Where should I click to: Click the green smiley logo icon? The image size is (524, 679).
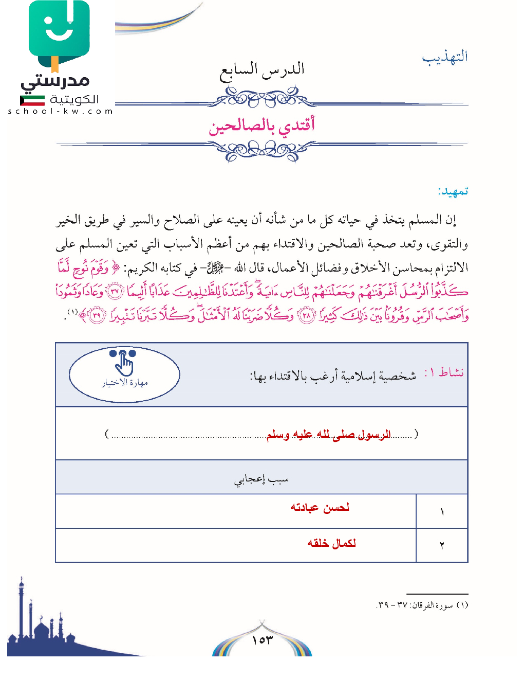click(x=59, y=32)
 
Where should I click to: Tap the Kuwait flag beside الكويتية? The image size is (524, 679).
click(x=32, y=100)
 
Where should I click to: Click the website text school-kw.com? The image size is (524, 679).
click(x=60, y=111)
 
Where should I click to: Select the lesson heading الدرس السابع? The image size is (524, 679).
click(x=262, y=70)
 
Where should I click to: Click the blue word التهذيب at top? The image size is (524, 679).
click(x=445, y=57)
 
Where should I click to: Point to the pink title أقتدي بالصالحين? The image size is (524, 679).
click(x=261, y=126)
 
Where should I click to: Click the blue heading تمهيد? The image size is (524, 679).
click(x=453, y=191)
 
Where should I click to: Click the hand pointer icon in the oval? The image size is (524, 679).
click(x=124, y=364)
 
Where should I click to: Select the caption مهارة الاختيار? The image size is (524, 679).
click(x=124, y=383)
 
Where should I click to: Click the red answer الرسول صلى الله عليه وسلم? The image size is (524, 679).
click(x=328, y=435)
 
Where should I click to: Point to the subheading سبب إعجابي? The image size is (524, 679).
click(x=261, y=480)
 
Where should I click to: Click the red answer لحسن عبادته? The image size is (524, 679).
click(x=320, y=508)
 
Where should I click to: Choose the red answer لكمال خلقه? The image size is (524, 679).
click(x=331, y=543)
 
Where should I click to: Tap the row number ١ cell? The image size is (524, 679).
click(x=442, y=512)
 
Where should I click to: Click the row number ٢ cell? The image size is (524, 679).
click(x=442, y=546)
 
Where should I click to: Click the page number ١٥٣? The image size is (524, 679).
click(x=262, y=640)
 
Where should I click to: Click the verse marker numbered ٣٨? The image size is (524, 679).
click(x=306, y=315)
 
